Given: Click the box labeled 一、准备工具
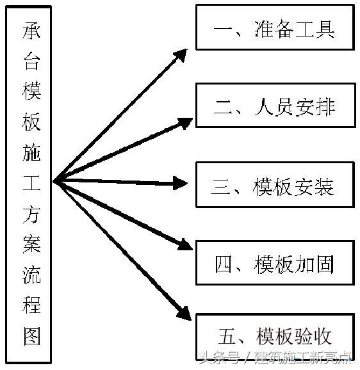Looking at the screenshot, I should tap(275, 28).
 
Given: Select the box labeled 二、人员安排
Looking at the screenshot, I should tap(275, 105).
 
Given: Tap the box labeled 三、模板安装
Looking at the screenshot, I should tap(275, 186).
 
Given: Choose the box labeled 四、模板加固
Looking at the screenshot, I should tap(275, 262).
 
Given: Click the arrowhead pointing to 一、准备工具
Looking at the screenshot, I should tap(181, 54).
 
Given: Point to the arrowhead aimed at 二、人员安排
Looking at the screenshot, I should tap(184, 122).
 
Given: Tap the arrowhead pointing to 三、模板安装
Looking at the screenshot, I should tap(181, 184).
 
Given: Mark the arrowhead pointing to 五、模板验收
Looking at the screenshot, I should tap(183, 313).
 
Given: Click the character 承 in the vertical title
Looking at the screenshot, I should tap(32, 31).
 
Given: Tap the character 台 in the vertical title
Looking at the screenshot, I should tap(32, 61).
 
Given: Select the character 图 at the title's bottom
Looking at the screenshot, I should tap(32, 335).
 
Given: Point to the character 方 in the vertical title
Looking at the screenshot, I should tap(32, 214).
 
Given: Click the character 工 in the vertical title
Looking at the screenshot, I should tap(32, 183).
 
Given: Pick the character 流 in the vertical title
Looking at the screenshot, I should tap(32, 275).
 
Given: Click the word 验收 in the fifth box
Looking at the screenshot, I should tap(313, 335).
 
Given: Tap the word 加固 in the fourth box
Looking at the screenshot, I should tap(315, 263).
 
